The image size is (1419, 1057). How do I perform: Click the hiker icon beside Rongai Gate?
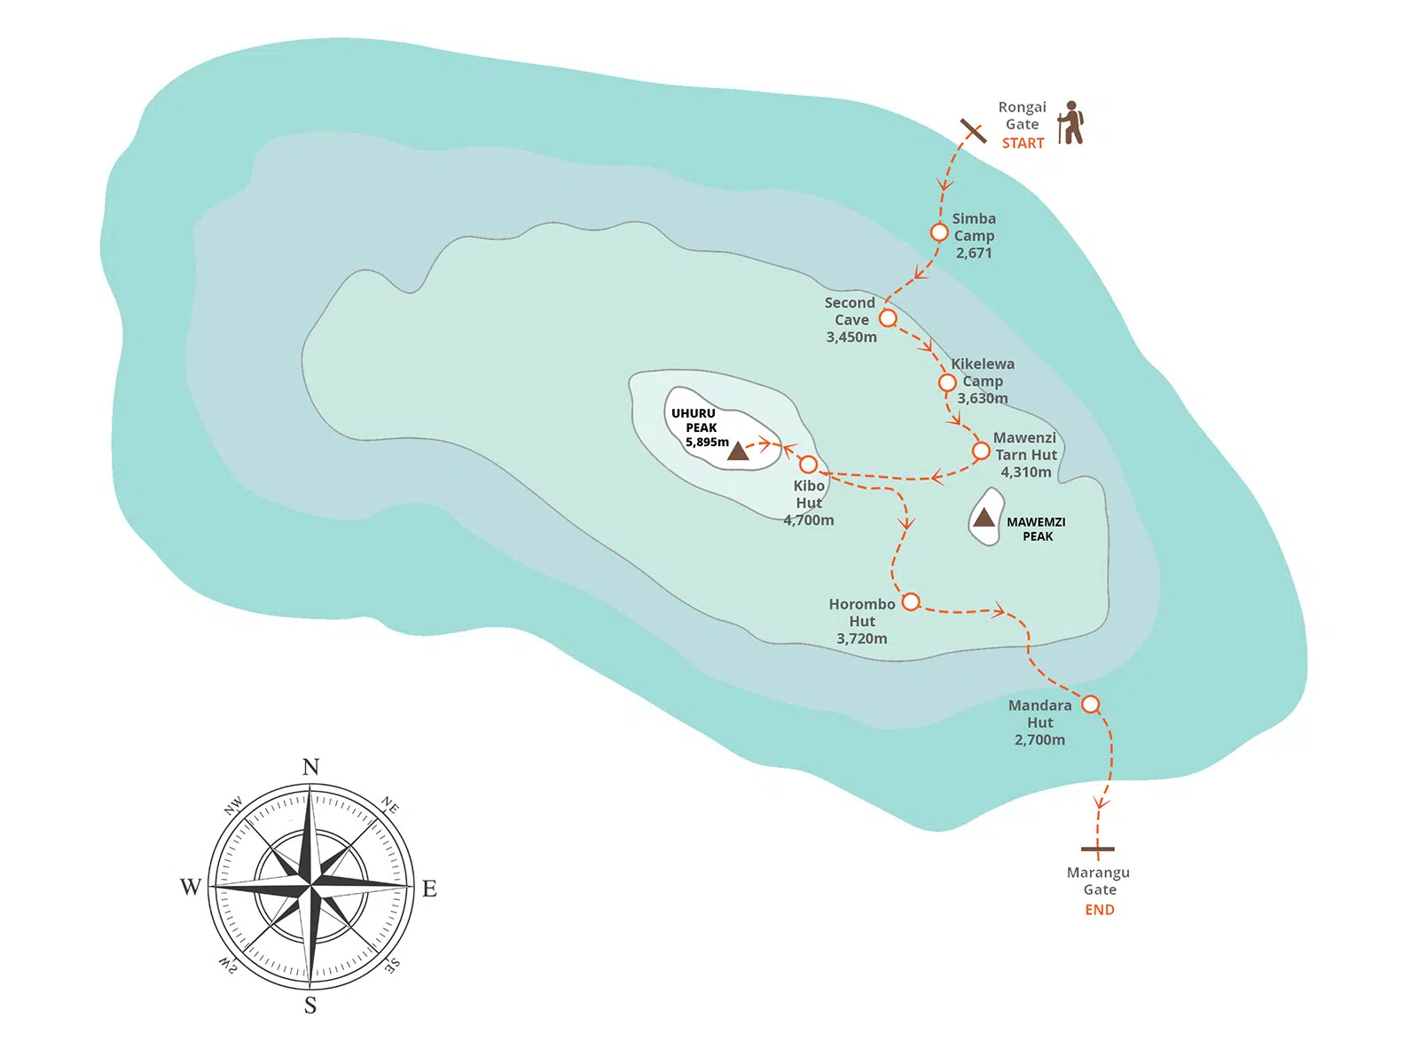tap(1072, 122)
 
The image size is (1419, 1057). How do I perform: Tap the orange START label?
tap(1023, 144)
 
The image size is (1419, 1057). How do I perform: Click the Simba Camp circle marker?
tap(939, 232)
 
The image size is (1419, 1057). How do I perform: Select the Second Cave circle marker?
tap(888, 317)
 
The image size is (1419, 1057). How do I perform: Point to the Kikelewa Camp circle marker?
tap(947, 382)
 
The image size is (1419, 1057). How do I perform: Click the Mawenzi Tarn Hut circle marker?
tap(981, 450)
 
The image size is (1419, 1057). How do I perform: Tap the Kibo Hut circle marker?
tap(808, 464)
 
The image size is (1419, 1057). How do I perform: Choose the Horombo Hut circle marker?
tap(911, 602)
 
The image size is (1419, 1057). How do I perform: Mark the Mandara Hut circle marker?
tap(1091, 704)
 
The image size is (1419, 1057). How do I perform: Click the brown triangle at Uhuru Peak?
tap(738, 452)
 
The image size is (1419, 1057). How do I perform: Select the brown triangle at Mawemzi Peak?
tap(984, 517)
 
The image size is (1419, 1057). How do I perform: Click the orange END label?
tap(1100, 910)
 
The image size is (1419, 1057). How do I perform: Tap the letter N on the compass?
tap(310, 767)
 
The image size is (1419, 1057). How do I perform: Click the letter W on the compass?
tap(191, 888)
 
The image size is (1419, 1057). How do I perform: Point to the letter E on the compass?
tap(429, 889)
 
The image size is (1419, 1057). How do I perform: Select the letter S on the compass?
tap(310, 1006)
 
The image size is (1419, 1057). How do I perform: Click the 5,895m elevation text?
tap(707, 442)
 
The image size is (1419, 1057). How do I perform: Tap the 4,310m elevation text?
tap(1026, 473)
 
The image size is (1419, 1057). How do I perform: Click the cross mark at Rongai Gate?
tap(973, 131)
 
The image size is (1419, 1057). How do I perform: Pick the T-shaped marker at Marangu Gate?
tap(1097, 849)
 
